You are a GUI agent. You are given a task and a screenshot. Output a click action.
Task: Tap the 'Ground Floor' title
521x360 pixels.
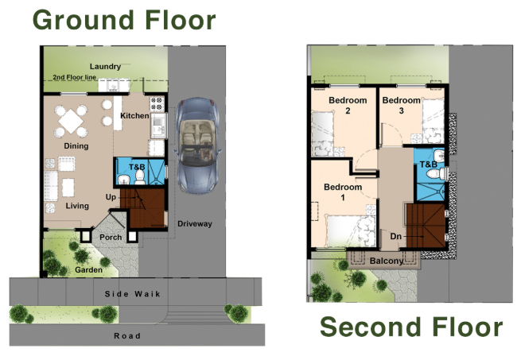(x=124, y=20)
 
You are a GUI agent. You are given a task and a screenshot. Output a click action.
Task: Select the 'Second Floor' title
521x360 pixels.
(x=410, y=327)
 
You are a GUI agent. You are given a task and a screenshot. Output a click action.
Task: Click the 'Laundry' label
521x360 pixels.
(x=105, y=66)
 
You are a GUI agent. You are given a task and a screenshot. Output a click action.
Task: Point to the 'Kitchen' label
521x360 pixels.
(x=134, y=116)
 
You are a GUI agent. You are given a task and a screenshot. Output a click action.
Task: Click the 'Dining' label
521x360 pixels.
(x=76, y=146)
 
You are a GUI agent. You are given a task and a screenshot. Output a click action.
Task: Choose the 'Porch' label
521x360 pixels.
(x=110, y=236)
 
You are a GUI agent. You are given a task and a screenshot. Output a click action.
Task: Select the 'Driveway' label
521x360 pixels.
(x=195, y=223)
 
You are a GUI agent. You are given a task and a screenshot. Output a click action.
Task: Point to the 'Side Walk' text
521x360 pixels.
(x=133, y=294)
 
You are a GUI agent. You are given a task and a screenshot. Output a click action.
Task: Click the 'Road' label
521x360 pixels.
(x=127, y=336)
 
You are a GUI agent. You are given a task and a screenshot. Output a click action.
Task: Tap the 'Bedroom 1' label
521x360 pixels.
(x=343, y=192)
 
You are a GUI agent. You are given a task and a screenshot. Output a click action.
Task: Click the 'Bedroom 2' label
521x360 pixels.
(x=348, y=106)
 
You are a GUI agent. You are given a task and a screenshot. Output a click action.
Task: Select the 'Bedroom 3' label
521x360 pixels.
(x=401, y=106)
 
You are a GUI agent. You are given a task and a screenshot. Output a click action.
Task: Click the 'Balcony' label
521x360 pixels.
(x=386, y=261)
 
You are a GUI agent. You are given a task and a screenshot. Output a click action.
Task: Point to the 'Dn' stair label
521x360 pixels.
(x=395, y=236)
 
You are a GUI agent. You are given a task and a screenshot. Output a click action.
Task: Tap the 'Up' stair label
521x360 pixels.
(x=111, y=196)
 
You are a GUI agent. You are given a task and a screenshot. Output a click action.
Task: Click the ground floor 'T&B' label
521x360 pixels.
(x=136, y=167)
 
